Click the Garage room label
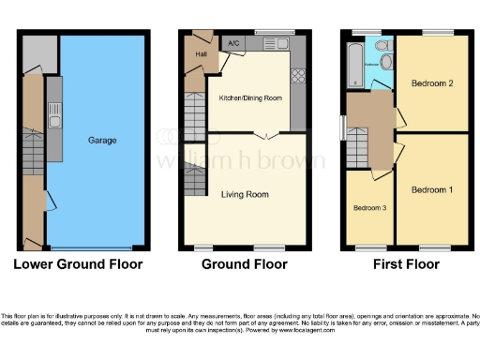click(x=102, y=141)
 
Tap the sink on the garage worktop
click(x=55, y=119)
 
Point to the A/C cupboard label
click(x=232, y=43)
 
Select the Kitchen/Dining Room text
click(x=249, y=97)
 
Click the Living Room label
click(x=245, y=195)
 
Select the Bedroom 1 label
click(x=432, y=190)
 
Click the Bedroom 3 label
click(x=370, y=207)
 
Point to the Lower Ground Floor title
click(x=78, y=264)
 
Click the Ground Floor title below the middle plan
click(x=245, y=264)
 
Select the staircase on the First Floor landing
click(x=356, y=146)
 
